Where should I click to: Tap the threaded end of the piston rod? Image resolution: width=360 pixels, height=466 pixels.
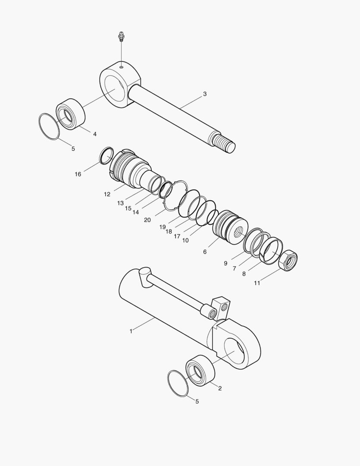225,142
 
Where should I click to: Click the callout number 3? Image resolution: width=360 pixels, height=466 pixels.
205,94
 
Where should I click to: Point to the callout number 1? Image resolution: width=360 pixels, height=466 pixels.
131,331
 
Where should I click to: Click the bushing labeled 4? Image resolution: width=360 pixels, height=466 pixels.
70,114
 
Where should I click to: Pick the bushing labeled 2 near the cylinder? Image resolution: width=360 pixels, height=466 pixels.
200,370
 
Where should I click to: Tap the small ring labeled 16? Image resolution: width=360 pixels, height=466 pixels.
106,155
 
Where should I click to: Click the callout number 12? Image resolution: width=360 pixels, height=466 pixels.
107,194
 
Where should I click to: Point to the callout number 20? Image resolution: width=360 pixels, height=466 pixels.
147,220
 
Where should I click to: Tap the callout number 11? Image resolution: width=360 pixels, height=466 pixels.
257,283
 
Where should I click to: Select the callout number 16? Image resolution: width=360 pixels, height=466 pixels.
78,174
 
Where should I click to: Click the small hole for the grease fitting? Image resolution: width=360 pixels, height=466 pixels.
122,67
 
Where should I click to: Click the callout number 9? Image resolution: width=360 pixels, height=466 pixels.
225,263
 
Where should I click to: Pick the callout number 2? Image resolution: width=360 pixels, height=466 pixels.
219,388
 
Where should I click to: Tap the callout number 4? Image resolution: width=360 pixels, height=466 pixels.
94,134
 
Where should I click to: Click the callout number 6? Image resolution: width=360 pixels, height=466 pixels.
205,252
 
